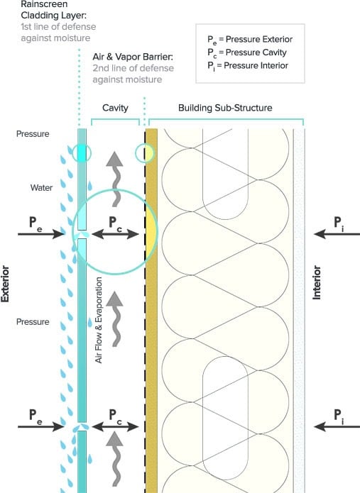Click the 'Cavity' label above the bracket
click(x=115, y=108)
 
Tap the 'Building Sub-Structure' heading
click(x=225, y=108)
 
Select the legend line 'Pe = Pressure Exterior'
click(x=250, y=40)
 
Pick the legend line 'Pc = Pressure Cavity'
click(x=246, y=52)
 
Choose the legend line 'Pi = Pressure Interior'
click(x=248, y=66)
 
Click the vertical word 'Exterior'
click(x=5, y=284)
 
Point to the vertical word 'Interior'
click(x=317, y=282)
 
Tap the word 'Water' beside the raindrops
click(x=41, y=188)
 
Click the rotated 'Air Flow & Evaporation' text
click(x=99, y=320)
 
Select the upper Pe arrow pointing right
click(x=41, y=234)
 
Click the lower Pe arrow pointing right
click(x=41, y=426)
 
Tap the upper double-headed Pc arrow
click(x=115, y=234)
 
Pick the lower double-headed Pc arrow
click(x=115, y=426)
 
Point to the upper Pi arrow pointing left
click(x=337, y=234)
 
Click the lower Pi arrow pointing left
click(x=337, y=426)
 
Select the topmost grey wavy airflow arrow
click(x=115, y=179)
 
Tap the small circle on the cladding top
click(x=82, y=153)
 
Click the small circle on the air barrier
click(x=145, y=153)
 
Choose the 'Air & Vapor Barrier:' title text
click(x=133, y=57)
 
